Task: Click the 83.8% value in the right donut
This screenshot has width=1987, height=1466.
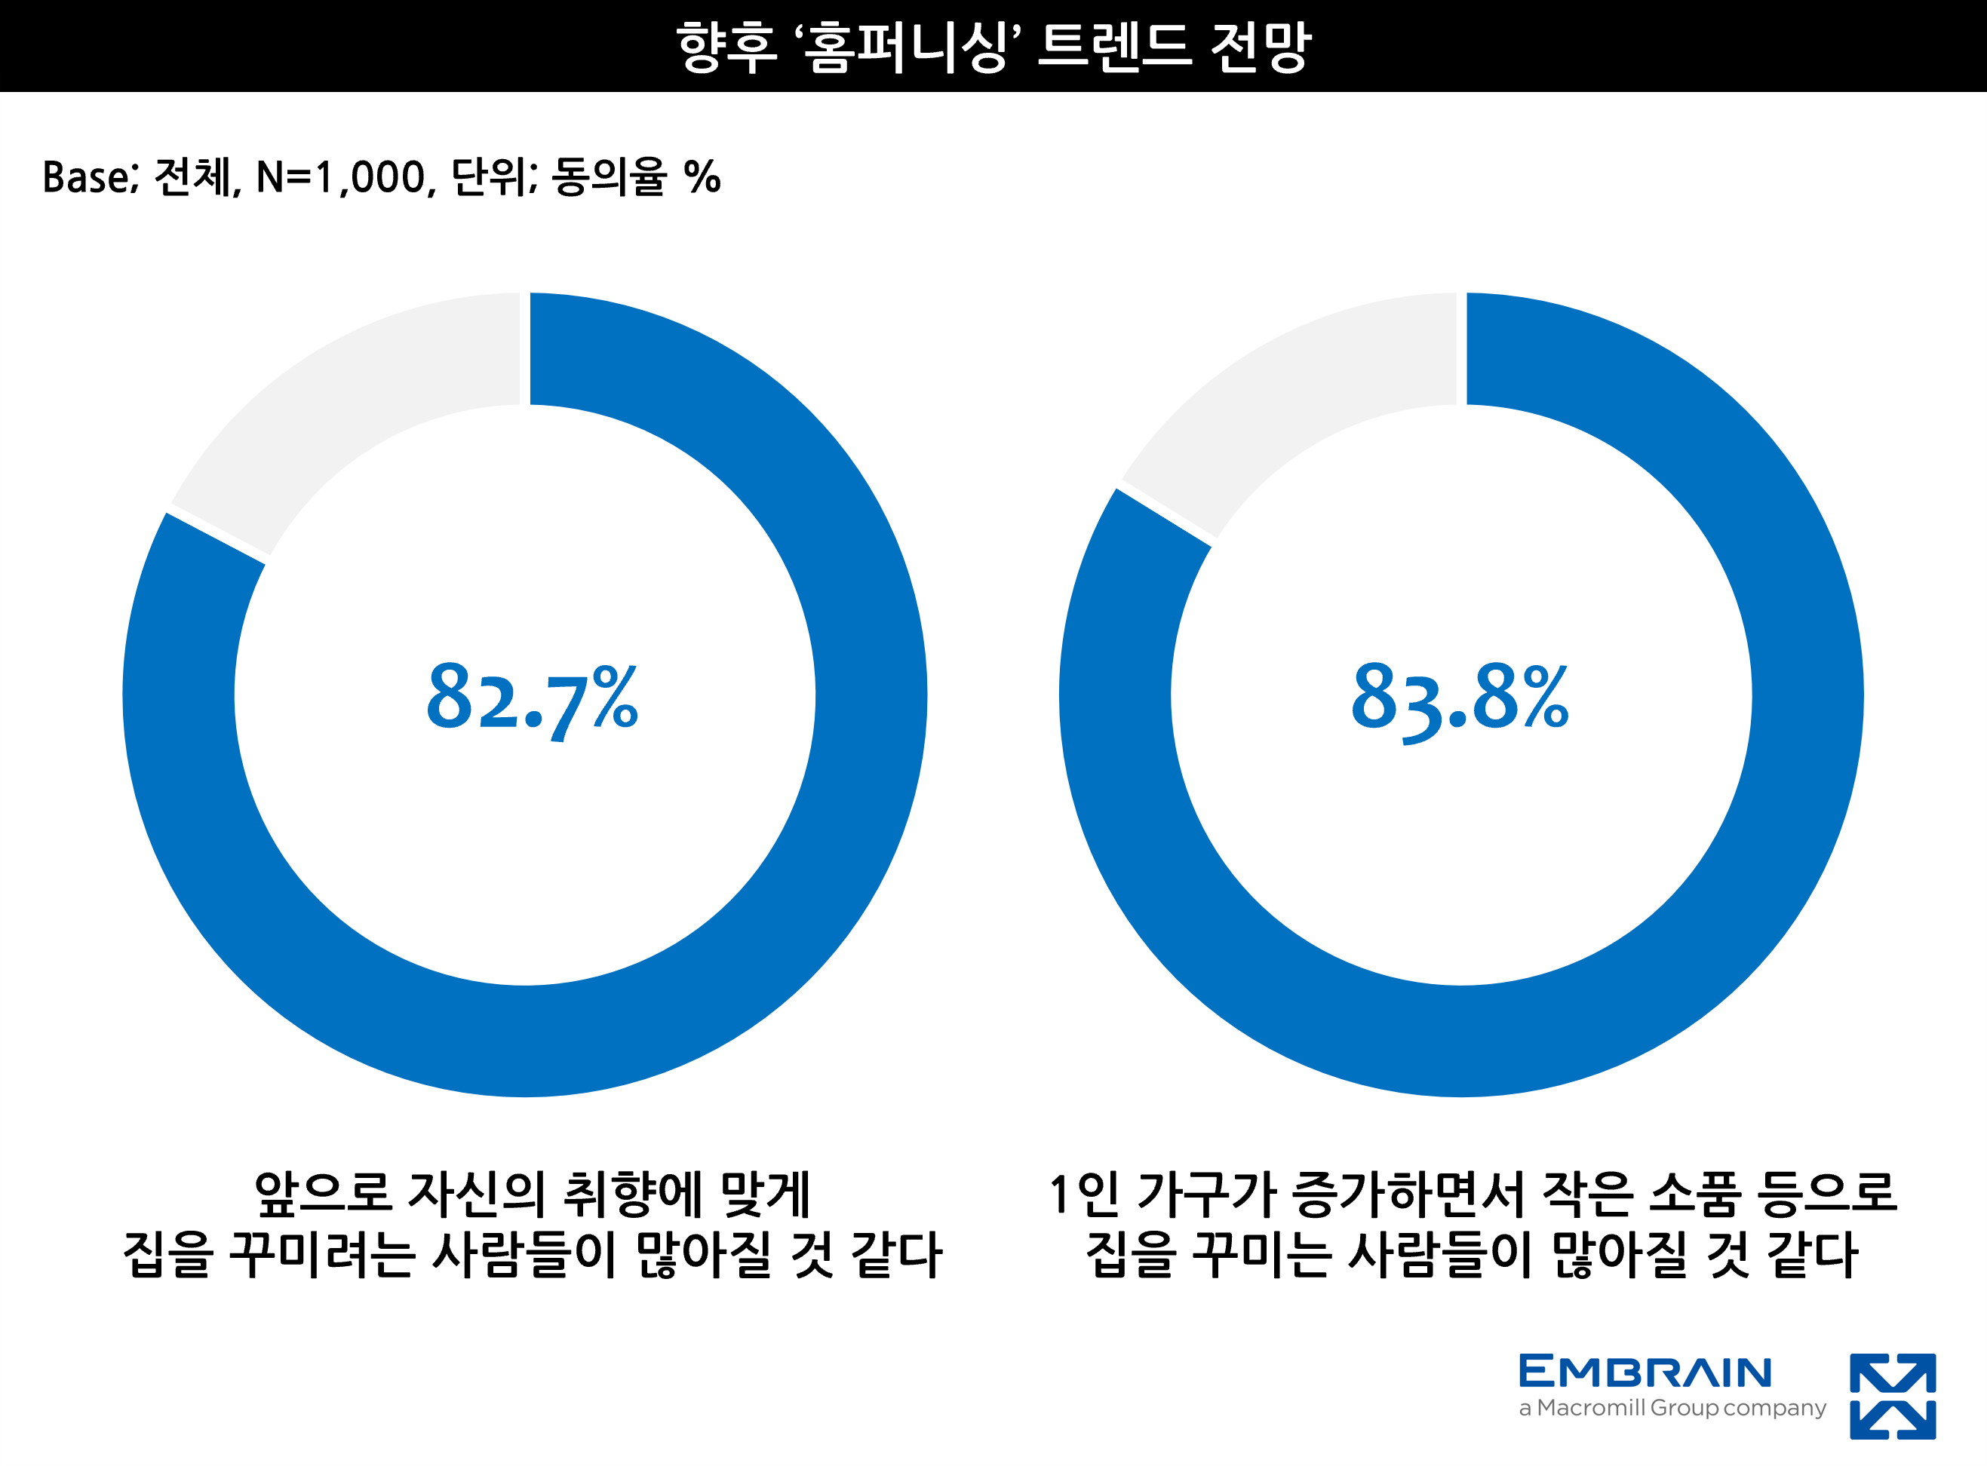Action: pos(1459,698)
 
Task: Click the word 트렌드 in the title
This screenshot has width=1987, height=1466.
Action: pos(1113,46)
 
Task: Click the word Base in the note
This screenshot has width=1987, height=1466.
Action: pos(87,177)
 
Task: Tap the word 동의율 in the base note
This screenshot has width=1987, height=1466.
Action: pos(609,177)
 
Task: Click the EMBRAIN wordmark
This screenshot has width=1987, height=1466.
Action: pos(1645,1372)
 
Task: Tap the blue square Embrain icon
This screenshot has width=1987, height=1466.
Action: pos(1892,1396)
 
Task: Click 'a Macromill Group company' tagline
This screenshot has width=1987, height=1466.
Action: pos(1672,1409)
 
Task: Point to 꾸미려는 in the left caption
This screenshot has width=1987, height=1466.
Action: pos(322,1255)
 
